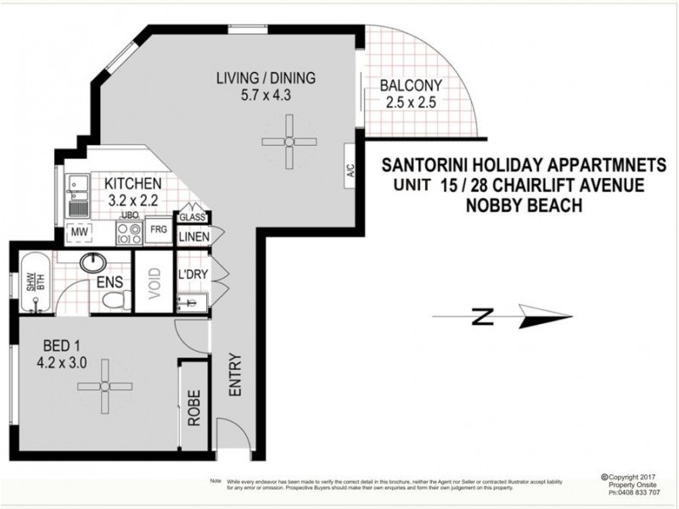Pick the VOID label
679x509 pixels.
pos(154,281)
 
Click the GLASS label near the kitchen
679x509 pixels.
pos(189,217)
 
